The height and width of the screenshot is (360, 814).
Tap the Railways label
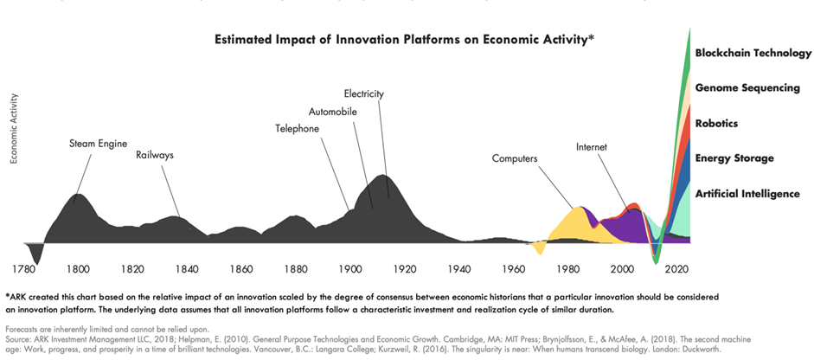coord(156,156)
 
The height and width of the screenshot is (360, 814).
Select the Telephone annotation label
coord(298,129)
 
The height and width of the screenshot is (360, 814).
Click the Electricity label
coord(363,93)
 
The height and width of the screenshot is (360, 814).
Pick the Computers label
coord(516,158)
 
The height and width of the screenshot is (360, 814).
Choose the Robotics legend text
coord(716,124)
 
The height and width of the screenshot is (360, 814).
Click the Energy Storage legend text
coord(734,158)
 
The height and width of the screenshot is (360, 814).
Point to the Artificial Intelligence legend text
coord(747,194)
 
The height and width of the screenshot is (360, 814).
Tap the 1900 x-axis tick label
coord(350,268)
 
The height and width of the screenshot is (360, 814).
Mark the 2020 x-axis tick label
coord(676,268)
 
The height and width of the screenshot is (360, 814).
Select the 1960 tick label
coord(514,268)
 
